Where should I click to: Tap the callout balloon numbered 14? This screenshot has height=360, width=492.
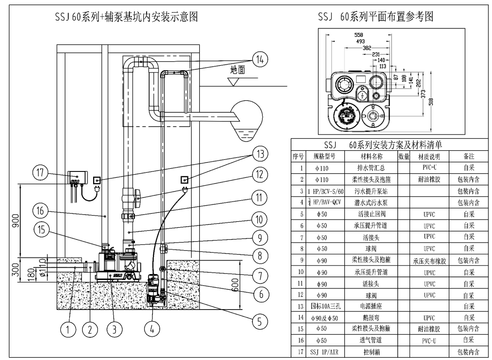[260, 59]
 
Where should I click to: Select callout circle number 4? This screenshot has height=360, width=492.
[152, 329]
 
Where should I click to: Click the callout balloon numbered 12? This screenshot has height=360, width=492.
[260, 175]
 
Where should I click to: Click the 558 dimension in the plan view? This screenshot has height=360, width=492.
[359, 35]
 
